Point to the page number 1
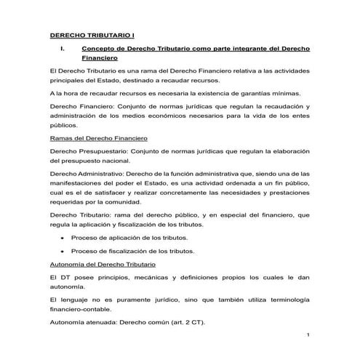308,334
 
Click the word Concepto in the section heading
104,48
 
